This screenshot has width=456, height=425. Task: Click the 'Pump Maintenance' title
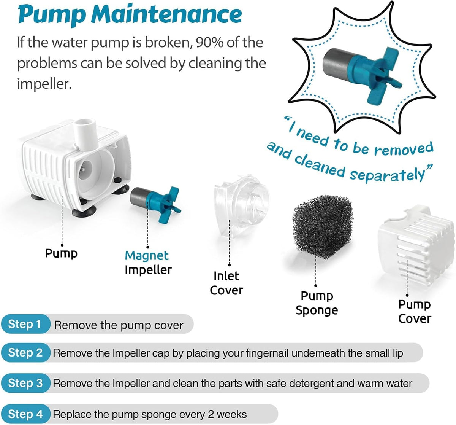[x=130, y=15]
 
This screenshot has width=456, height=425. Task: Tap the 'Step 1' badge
[x=25, y=324]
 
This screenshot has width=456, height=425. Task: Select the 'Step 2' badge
[x=25, y=353]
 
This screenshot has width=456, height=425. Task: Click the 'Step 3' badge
[x=25, y=383]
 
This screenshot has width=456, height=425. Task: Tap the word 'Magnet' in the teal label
[x=146, y=256]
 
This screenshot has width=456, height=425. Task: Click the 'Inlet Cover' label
[x=226, y=283]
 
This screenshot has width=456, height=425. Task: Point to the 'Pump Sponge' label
[x=317, y=303]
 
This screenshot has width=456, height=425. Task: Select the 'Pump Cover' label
[x=415, y=312]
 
